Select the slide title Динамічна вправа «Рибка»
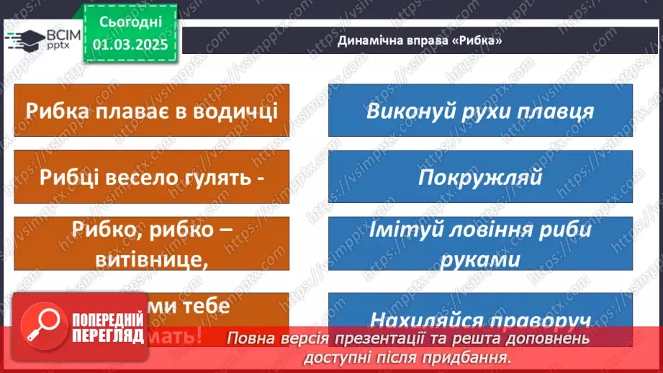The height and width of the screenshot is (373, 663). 419,41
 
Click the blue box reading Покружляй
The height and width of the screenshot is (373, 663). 480,177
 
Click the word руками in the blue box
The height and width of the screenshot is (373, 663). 480,258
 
